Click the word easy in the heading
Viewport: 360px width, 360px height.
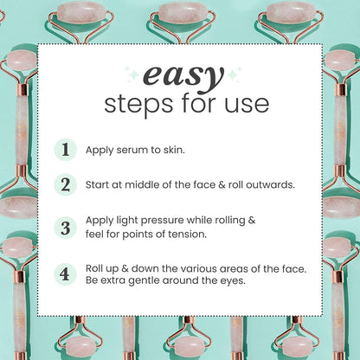click(179, 77)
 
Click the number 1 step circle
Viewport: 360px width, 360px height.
click(66, 149)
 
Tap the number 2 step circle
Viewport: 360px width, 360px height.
click(66, 184)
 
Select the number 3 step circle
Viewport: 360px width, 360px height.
click(66, 228)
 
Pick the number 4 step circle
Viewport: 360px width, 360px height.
click(66, 274)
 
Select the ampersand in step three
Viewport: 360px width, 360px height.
click(252, 221)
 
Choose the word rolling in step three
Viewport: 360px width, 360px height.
click(228, 221)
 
